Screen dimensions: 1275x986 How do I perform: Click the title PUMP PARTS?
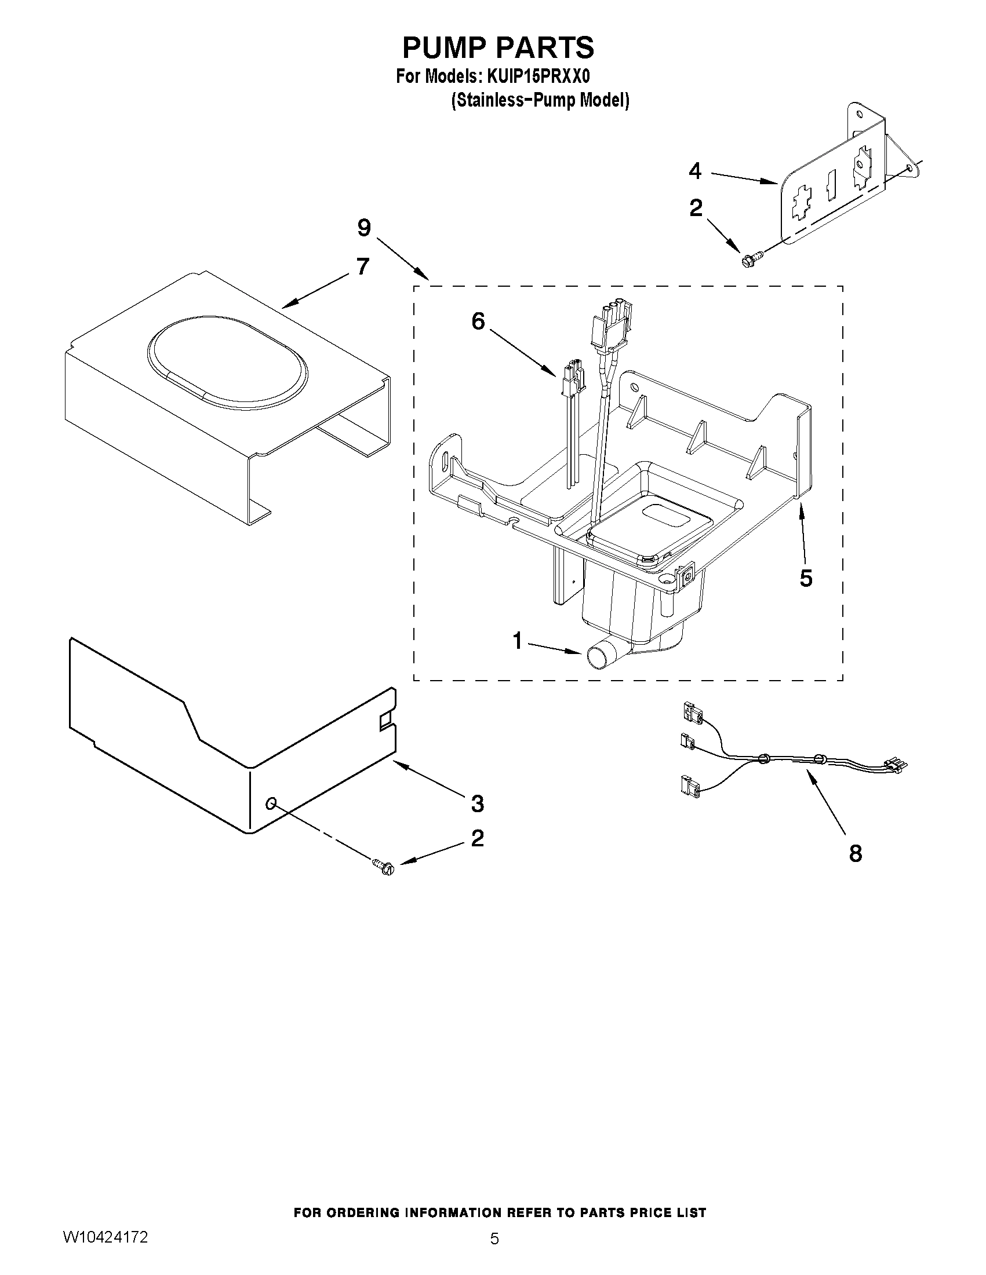498,48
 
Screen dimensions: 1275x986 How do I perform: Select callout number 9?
364,228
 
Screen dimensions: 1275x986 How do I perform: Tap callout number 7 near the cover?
363,267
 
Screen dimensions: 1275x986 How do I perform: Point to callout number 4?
694,171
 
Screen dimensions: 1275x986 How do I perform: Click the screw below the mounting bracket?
749,259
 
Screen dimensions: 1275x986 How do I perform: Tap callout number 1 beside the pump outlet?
518,641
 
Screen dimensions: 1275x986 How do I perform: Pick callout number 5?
806,579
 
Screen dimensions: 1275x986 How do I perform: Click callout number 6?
478,321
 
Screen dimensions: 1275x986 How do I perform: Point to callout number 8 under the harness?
855,853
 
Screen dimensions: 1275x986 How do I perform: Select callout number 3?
477,804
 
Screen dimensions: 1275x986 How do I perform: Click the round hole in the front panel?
271,805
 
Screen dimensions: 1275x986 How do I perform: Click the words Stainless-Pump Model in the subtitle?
540,100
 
